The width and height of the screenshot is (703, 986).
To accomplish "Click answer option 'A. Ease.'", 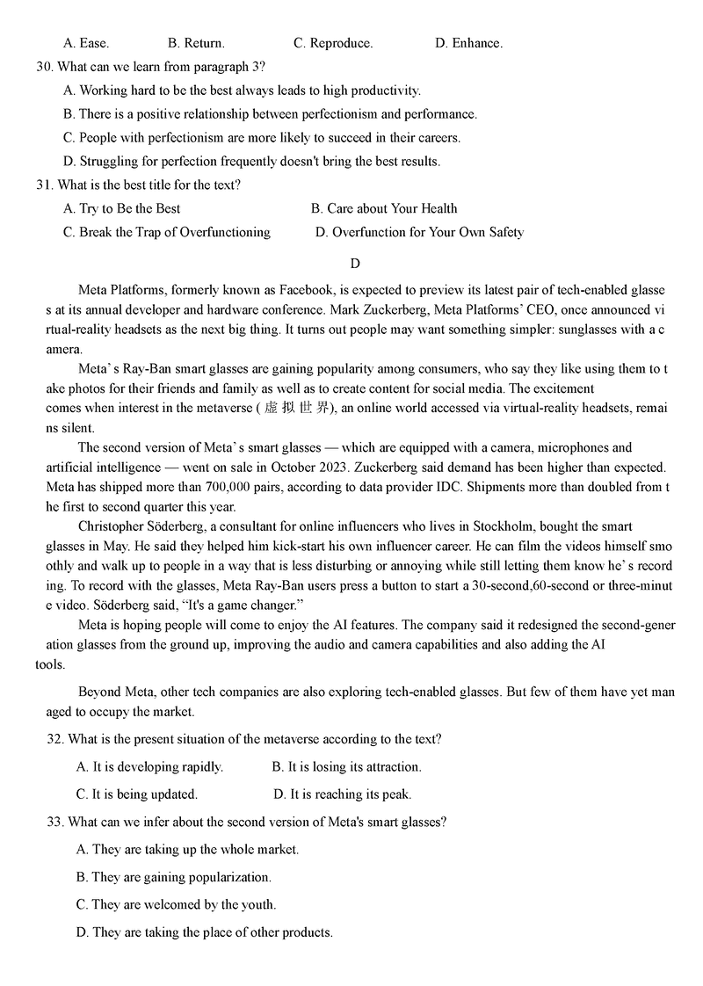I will click(x=86, y=43).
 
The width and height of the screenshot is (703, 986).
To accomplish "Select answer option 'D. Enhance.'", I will click(x=468, y=43).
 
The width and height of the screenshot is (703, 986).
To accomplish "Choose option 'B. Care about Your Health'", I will click(x=384, y=208).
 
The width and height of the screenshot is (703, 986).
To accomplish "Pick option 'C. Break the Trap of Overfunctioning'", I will click(x=167, y=232).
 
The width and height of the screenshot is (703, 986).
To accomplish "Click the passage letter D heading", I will click(x=355, y=263).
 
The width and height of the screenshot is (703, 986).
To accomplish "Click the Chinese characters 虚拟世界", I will click(x=296, y=408).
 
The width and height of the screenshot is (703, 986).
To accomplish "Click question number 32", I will click(x=55, y=739).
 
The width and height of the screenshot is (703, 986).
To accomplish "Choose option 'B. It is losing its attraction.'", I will click(x=347, y=766).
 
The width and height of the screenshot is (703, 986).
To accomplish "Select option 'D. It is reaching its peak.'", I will click(x=343, y=794).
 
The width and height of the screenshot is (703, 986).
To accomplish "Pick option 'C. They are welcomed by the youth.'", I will click(x=176, y=904).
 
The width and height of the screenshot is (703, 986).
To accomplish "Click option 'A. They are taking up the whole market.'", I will click(x=187, y=849).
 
